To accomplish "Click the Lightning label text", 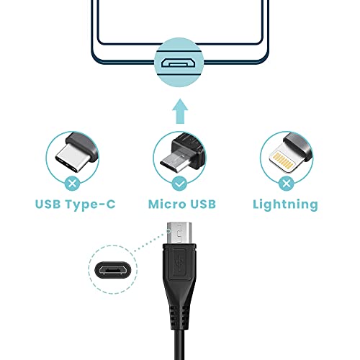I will (x=285, y=204).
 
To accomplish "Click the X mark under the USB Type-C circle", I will (x=73, y=184).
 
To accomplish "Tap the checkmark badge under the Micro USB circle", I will (x=179, y=184).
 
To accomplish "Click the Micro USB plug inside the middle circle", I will (x=179, y=153).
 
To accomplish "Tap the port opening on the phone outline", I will (x=179, y=63).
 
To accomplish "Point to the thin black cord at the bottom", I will (x=180, y=342).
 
